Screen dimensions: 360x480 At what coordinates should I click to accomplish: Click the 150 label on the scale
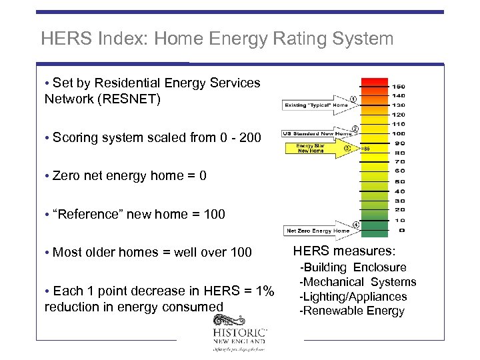399,87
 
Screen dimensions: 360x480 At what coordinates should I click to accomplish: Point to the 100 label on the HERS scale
398,133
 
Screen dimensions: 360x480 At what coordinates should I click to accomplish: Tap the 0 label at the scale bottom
401,230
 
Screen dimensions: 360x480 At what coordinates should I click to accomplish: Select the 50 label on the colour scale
399,181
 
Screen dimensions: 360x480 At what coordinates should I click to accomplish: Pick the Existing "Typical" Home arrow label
316,105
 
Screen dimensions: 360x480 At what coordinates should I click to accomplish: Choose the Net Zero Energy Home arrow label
317,231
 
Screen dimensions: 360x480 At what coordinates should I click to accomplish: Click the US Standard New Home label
317,133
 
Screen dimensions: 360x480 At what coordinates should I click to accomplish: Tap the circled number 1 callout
353,99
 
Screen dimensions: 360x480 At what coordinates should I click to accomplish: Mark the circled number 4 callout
356,225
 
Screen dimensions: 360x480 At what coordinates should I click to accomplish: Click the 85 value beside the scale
366,149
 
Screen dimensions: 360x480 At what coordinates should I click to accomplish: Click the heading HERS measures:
344,251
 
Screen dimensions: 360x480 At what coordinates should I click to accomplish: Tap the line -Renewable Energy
352,311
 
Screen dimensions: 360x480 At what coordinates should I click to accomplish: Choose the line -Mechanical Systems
357,282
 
